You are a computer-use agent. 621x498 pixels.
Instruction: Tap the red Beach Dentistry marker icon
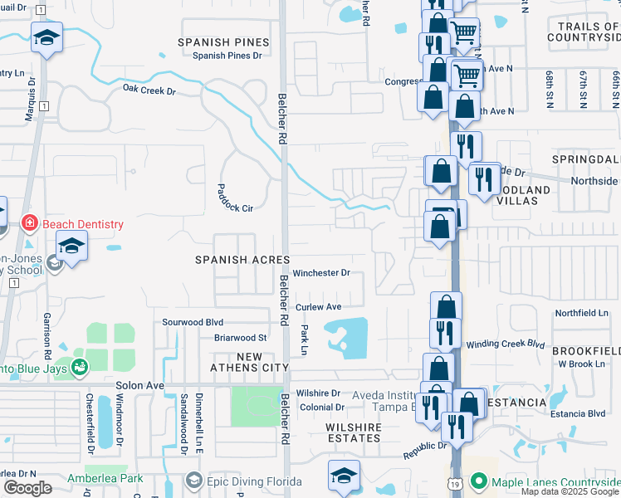pos(30,223)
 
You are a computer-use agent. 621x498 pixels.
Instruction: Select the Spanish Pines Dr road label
pos(227,56)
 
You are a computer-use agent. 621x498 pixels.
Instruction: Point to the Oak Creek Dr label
pos(149,90)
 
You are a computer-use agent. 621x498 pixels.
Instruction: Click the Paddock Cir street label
pos(235,198)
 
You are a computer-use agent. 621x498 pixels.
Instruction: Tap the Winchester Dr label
pos(321,272)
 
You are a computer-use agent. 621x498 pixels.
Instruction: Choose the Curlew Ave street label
pos(319,307)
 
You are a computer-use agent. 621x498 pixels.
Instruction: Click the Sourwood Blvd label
pos(193,322)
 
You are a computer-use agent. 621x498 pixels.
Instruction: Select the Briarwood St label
pos(240,338)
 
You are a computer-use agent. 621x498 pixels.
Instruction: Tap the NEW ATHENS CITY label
pos(248,362)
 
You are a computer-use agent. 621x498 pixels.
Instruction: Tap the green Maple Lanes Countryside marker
pos(477,481)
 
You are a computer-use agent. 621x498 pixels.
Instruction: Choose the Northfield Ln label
pos(581,313)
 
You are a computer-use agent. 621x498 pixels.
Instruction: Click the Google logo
pos(28,488)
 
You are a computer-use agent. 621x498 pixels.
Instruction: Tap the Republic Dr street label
pos(425,453)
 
